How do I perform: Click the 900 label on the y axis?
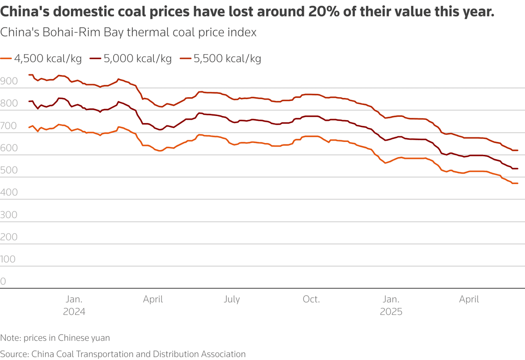[9, 81]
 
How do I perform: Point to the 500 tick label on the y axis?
[9, 170]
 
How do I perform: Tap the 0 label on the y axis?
[3, 281]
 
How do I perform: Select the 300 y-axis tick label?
[9, 214]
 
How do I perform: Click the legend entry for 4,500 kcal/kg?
[41, 59]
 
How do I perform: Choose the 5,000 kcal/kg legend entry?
[131, 59]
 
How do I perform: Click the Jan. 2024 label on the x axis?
[74, 305]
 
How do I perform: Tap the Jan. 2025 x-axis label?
[391, 305]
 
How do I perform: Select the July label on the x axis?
[232, 299]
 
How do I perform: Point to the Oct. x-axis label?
[311, 299]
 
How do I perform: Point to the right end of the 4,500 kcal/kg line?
[518, 183]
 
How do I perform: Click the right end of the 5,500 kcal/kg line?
[518, 150]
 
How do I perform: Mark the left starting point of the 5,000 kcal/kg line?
[29, 101]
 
